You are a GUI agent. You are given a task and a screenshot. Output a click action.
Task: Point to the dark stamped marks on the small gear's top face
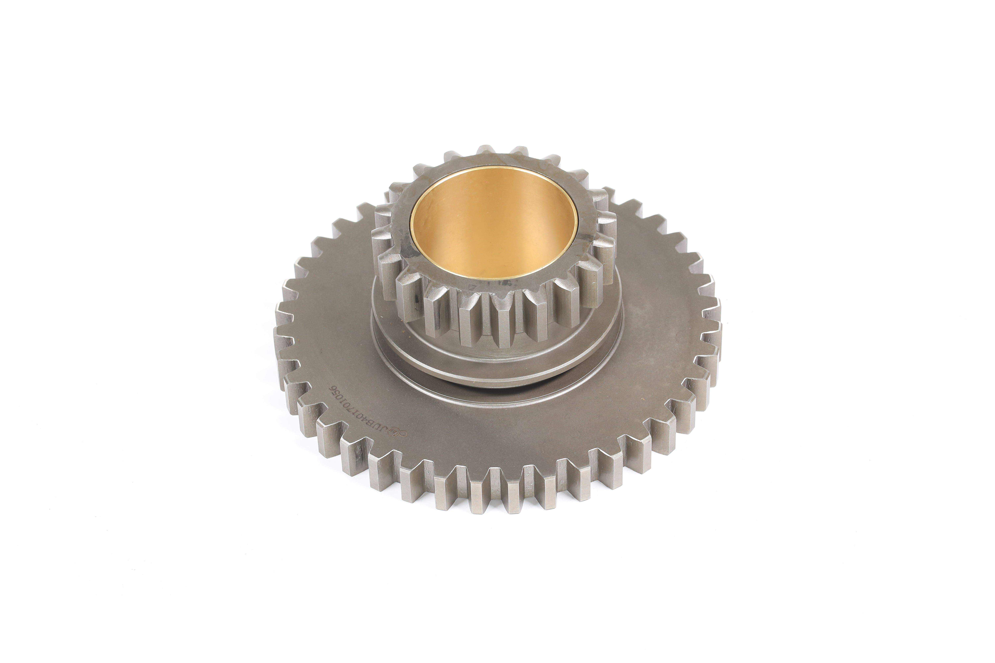coord(491,288)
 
